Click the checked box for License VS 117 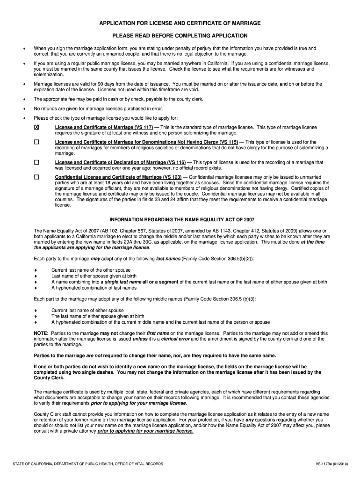coord(36,127)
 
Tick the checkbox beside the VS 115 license coord(36,142)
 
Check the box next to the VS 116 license coord(36,162)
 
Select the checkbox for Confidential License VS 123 coord(36,177)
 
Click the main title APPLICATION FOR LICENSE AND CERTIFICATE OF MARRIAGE coord(180,23)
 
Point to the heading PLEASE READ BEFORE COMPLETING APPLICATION coord(180,36)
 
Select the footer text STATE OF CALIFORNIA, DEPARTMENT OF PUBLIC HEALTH coord(87,464)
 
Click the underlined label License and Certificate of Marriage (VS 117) coord(104,127)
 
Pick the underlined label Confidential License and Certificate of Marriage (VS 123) coord(118,177)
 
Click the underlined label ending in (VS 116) coord(120,162)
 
